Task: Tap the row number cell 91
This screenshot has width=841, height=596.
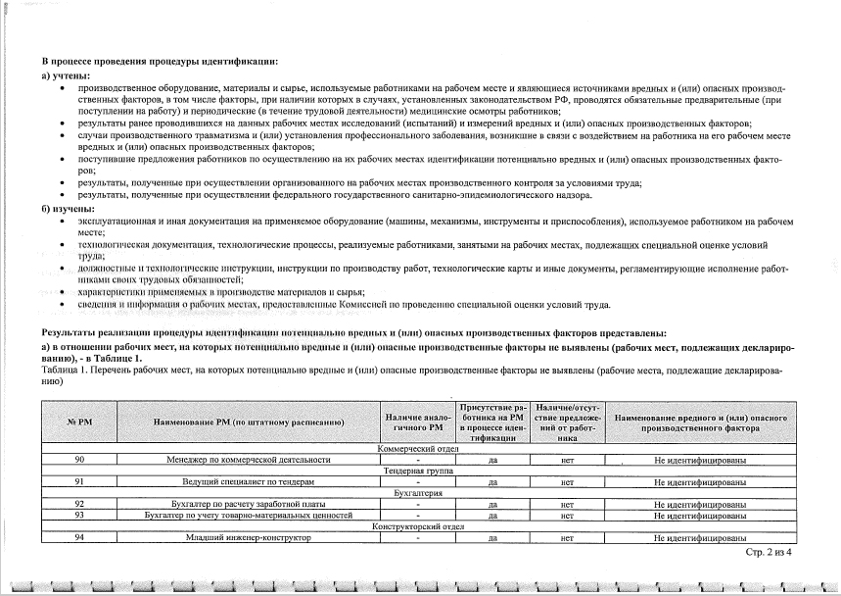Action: [x=77, y=482]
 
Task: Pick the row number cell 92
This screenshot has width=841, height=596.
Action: [x=77, y=504]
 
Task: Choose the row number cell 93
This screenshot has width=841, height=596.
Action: [x=77, y=515]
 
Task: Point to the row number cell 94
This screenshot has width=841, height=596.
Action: [x=77, y=537]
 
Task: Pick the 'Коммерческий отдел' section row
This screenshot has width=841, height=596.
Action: [x=418, y=449]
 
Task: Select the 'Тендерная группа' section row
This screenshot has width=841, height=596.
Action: [x=418, y=472]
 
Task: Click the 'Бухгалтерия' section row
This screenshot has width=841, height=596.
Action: [x=418, y=493]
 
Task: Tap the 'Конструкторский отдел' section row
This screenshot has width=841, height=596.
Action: [x=418, y=526]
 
